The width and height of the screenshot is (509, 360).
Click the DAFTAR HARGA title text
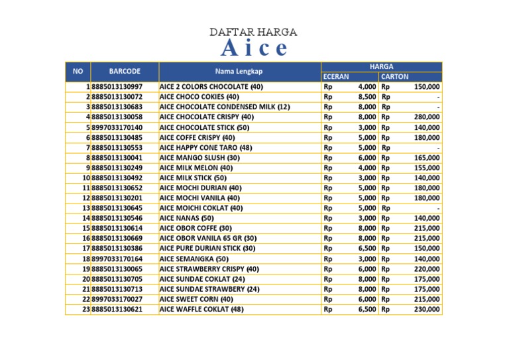[x=253, y=32]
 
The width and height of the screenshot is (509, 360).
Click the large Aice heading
[x=254, y=48]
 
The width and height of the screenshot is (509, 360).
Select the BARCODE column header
[x=125, y=71]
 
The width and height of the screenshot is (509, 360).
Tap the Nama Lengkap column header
[x=240, y=71]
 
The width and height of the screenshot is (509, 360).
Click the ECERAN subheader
[x=336, y=77]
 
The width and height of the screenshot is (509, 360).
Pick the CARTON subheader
[x=394, y=77]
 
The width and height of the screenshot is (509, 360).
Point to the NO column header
[x=78, y=71]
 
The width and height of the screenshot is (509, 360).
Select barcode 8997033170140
[x=117, y=127]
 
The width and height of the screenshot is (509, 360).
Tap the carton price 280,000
[x=427, y=117]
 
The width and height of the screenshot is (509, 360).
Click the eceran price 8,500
[x=367, y=97]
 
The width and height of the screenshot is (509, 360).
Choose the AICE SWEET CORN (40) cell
[x=196, y=299]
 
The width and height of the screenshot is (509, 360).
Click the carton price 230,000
[x=427, y=310]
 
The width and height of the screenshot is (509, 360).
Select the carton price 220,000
[x=427, y=269]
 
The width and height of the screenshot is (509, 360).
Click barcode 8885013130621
[x=117, y=310]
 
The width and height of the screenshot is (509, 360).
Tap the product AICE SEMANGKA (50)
[x=194, y=259]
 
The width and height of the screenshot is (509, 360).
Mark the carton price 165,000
[x=427, y=158]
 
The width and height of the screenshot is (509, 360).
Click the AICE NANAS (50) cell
[x=187, y=218]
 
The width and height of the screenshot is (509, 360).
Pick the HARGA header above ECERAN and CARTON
[x=381, y=66]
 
